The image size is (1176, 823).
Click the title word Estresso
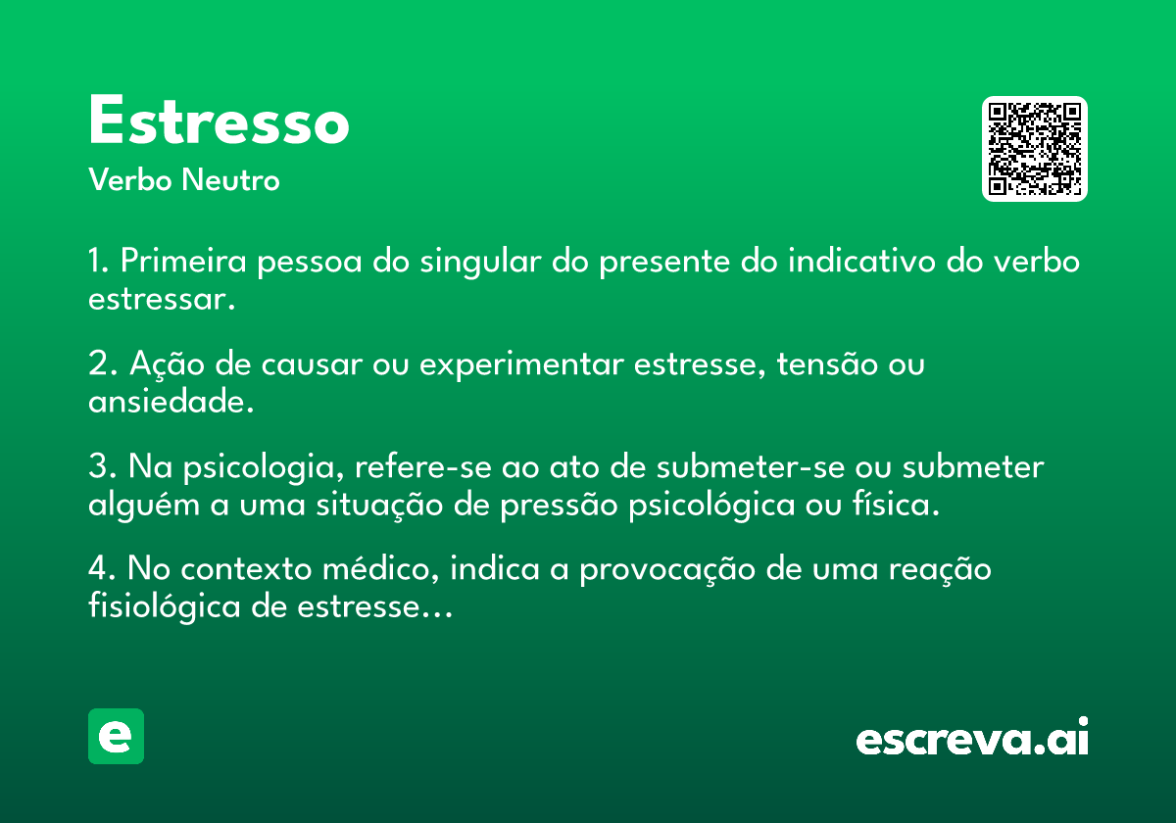pyautogui.click(x=219, y=122)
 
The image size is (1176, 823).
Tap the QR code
pyautogui.click(x=1035, y=149)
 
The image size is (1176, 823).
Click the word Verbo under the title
pyautogui.click(x=130, y=180)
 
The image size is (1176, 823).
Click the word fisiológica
pyautogui.click(x=165, y=606)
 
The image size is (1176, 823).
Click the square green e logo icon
pyautogui.click(x=116, y=737)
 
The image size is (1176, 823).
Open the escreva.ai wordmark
pyautogui.click(x=971, y=739)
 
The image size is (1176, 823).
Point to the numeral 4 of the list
pyautogui.click(x=98, y=570)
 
